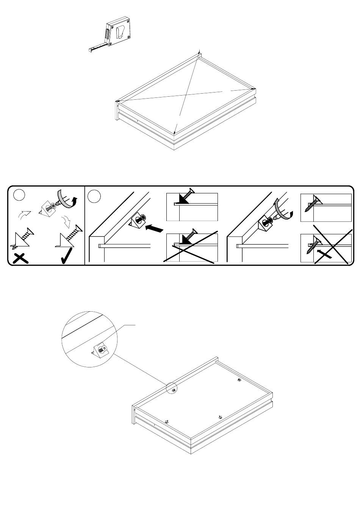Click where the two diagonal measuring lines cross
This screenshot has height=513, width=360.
coord(185,93)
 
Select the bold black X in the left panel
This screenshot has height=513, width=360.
coord(21,258)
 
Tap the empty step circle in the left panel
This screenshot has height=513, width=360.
coord(19,195)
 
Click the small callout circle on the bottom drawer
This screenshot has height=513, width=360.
coord(172,389)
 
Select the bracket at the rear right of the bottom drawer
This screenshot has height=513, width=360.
coord(239,380)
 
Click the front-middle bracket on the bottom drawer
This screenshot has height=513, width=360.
coord(220,417)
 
